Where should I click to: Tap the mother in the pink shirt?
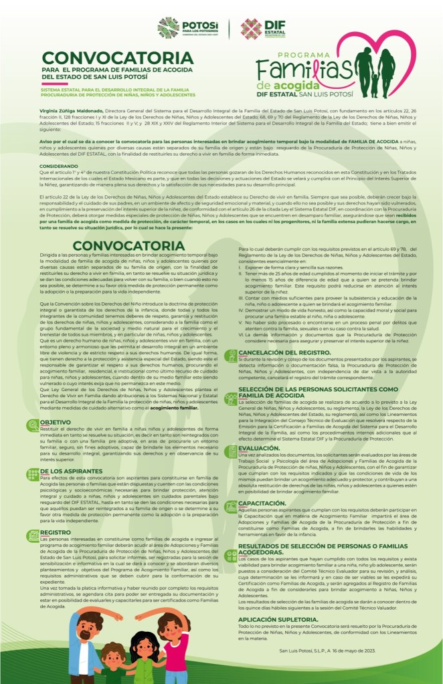point(176,645)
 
